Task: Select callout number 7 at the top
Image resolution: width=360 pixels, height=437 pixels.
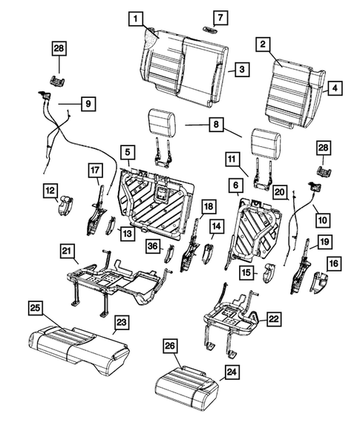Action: point(212,17)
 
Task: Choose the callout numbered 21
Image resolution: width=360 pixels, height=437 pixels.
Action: point(67,254)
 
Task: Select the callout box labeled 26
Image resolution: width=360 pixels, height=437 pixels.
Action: point(170,346)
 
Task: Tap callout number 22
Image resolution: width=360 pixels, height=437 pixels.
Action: point(273,319)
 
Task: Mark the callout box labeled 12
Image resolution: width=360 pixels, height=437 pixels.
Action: point(48,191)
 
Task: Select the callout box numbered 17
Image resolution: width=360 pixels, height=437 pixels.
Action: point(94,170)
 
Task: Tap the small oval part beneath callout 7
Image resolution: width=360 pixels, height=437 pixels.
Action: point(211,30)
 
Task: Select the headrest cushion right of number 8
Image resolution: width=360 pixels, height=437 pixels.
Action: point(266,140)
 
